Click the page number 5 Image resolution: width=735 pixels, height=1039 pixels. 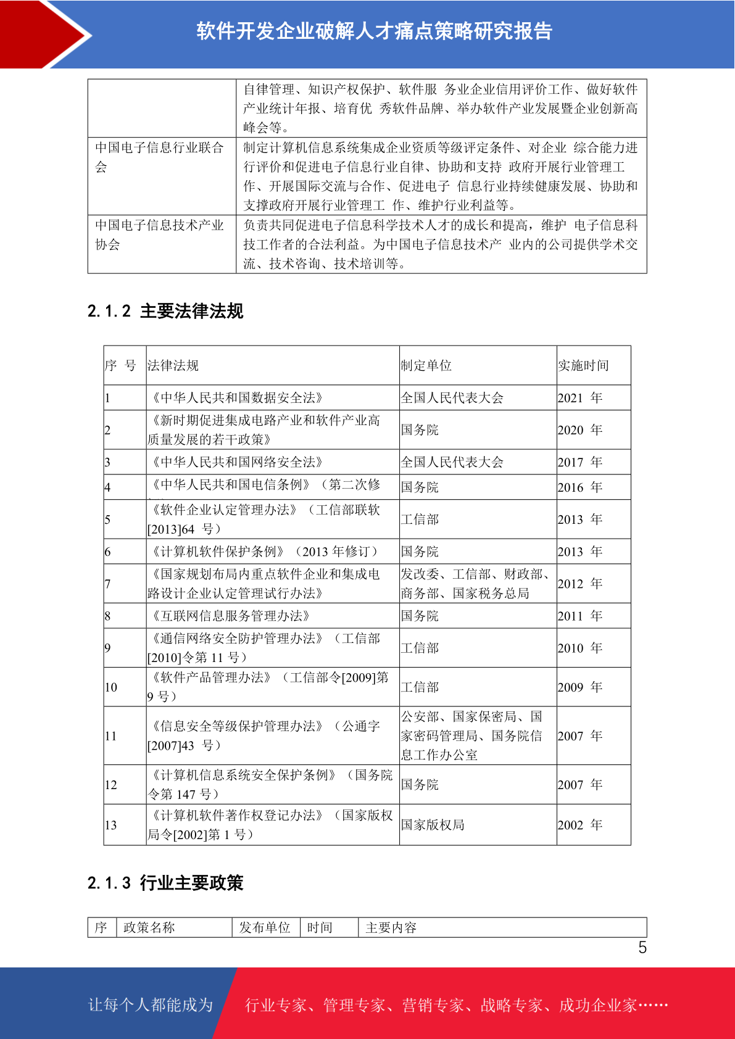[x=642, y=948]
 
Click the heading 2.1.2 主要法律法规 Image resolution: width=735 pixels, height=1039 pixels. [x=165, y=311]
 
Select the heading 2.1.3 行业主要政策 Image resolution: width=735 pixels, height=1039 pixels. [x=165, y=883]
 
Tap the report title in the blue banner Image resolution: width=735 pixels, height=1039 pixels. [x=374, y=31]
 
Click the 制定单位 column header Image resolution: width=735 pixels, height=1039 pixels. [x=426, y=366]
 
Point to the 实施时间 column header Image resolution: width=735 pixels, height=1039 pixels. [x=583, y=366]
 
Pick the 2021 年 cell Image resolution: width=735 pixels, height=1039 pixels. [x=579, y=398]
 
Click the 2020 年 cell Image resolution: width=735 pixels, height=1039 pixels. [x=579, y=430]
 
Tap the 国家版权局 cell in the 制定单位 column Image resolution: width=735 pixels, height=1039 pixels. [x=433, y=825]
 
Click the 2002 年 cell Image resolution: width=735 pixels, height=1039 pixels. [x=579, y=825]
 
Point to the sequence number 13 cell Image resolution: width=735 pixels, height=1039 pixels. [x=111, y=825]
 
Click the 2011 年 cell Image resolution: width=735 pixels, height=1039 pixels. [x=579, y=616]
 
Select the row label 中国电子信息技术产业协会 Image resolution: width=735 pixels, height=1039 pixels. [x=159, y=234]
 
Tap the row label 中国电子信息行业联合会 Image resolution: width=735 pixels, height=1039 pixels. [x=159, y=157]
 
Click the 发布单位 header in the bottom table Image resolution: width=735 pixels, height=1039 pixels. [x=265, y=927]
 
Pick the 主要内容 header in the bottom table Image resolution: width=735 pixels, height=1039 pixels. [x=391, y=927]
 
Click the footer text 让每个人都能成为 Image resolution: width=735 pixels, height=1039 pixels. [x=151, y=1005]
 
